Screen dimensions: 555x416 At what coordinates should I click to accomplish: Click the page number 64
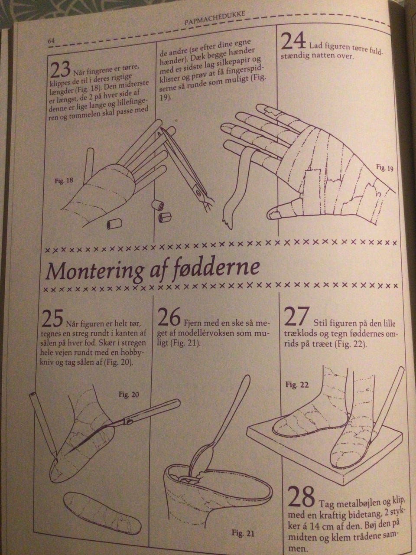(x=51, y=40)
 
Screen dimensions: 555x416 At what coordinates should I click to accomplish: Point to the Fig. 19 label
(x=384, y=168)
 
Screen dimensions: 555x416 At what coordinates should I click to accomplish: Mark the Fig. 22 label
(x=297, y=384)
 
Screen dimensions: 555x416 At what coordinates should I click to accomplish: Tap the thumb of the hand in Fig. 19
(x=282, y=211)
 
